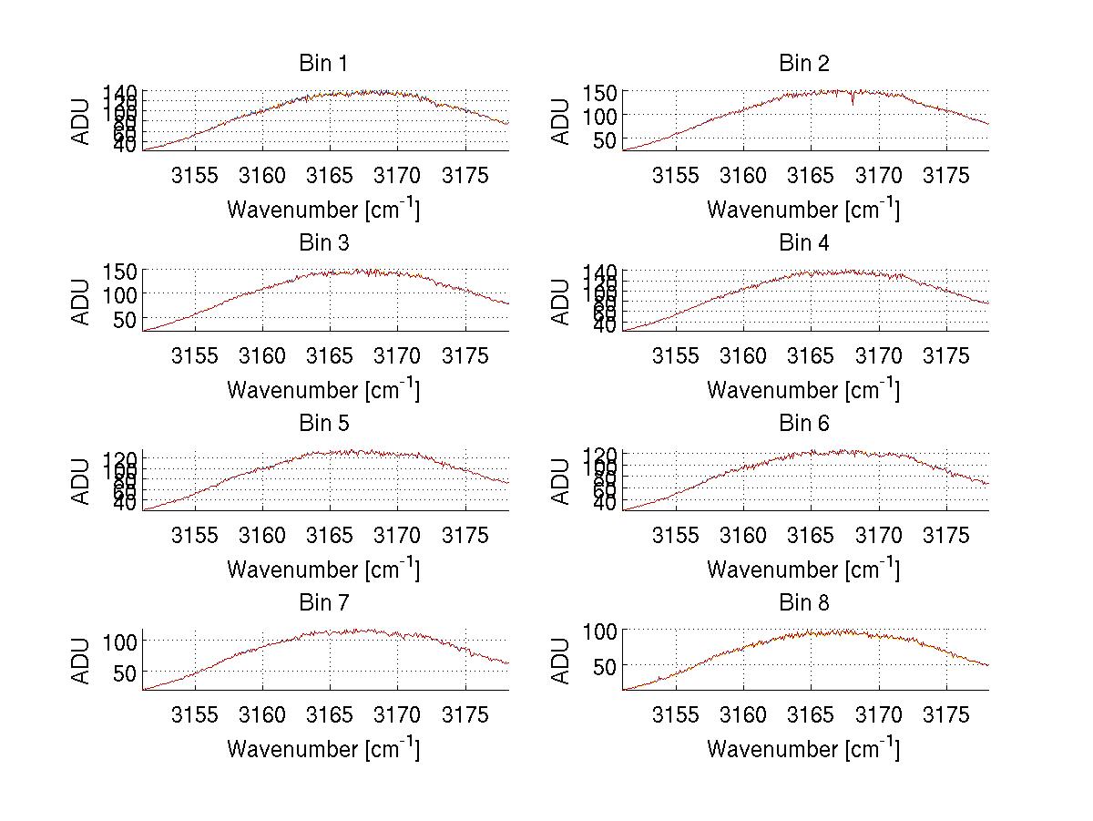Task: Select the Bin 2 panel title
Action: tap(803, 64)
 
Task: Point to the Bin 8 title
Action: tap(803, 603)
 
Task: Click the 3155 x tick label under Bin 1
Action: tap(195, 176)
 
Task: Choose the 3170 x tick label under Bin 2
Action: tap(878, 176)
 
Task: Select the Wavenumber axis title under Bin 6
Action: tap(803, 570)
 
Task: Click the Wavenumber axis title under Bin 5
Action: tap(322, 570)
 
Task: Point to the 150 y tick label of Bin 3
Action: tap(120, 272)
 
